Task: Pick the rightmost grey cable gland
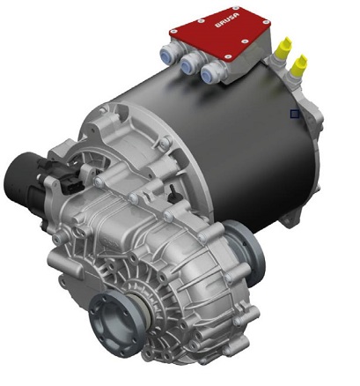(211, 74)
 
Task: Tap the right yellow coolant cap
(301, 63)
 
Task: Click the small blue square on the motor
(296, 113)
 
